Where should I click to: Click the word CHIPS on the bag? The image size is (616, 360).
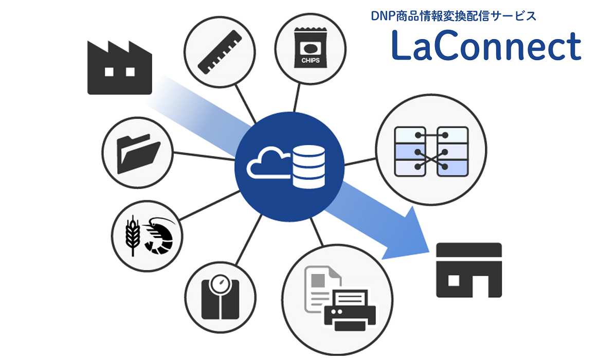pyautogui.click(x=310, y=61)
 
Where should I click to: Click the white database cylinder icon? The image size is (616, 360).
pyautogui.click(x=309, y=166)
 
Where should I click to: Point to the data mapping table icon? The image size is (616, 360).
pyautogui.click(x=430, y=152)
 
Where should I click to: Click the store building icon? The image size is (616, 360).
pyautogui.click(x=468, y=270)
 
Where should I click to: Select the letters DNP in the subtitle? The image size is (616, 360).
pyautogui.click(x=382, y=16)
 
